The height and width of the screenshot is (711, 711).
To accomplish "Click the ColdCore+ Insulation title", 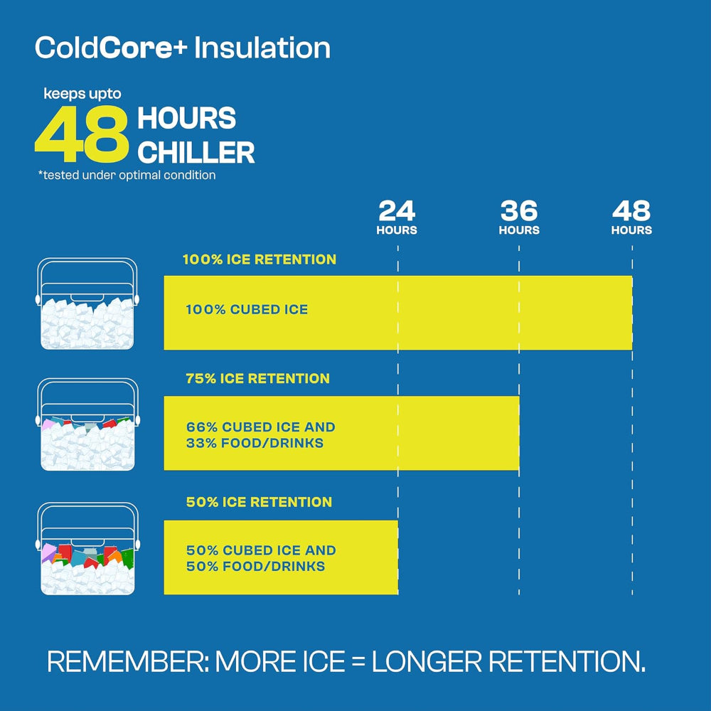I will (x=183, y=48).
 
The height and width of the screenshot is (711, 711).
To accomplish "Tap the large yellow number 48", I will (x=82, y=134).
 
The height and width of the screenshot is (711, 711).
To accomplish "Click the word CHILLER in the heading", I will (x=196, y=153).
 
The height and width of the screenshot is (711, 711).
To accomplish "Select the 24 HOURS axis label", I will (x=397, y=218).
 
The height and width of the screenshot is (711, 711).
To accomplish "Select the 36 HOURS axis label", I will (x=519, y=218).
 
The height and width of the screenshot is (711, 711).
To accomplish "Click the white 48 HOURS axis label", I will (x=631, y=218).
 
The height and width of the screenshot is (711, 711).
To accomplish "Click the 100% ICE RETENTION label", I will (x=259, y=260).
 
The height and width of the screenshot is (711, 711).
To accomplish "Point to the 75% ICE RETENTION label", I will (x=257, y=379).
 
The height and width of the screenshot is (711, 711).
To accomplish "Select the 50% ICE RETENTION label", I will (x=259, y=502).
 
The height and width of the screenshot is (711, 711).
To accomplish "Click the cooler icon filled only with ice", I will (x=87, y=306).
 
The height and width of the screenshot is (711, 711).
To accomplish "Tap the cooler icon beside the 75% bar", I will (x=87, y=425).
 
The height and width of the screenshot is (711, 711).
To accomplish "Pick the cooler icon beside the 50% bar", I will (x=87, y=549).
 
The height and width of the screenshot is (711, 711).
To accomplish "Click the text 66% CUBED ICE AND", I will (x=260, y=427).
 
